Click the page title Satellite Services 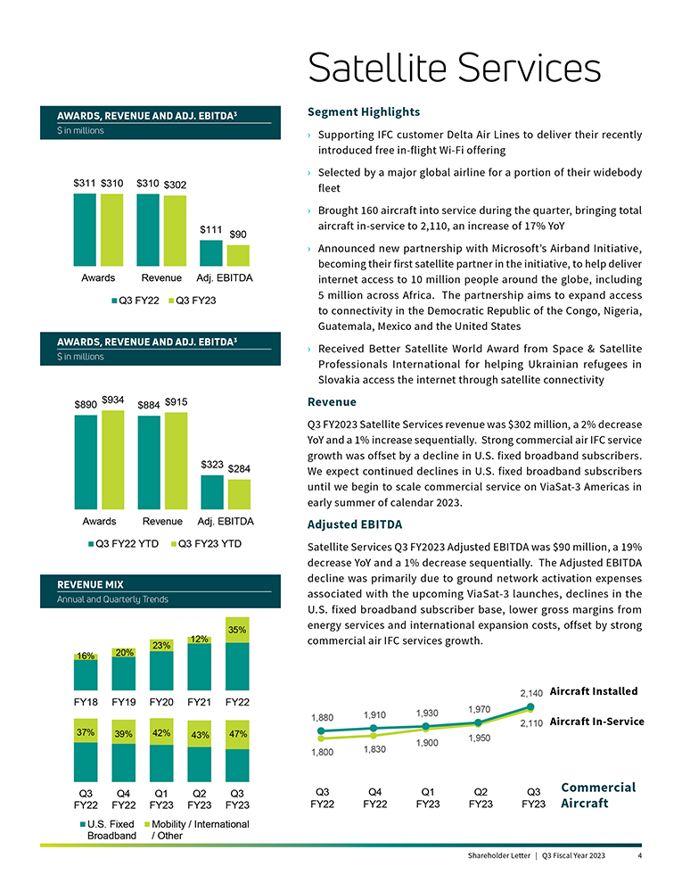[x=454, y=69]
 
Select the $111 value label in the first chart [x=210, y=229]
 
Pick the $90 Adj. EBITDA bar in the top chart [x=238, y=255]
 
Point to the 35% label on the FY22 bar [x=237, y=630]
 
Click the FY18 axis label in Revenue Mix [x=86, y=702]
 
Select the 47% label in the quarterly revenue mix [x=237, y=733]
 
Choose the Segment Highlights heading [x=363, y=112]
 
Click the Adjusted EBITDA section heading [x=354, y=524]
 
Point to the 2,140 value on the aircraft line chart [x=531, y=693]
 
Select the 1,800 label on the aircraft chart [x=323, y=752]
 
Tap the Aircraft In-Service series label [x=596, y=722]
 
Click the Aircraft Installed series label [x=594, y=691]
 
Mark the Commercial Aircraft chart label [x=597, y=795]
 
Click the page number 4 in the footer [x=640, y=856]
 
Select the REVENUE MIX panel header [x=90, y=583]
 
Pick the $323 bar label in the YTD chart [x=211, y=465]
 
